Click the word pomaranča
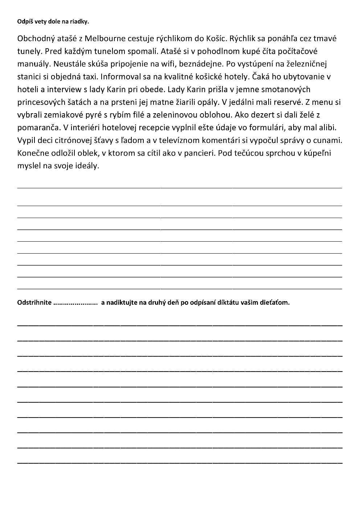(x=38, y=128)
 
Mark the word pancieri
(x=196, y=153)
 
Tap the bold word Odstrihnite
(x=34, y=303)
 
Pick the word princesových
(x=42, y=102)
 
